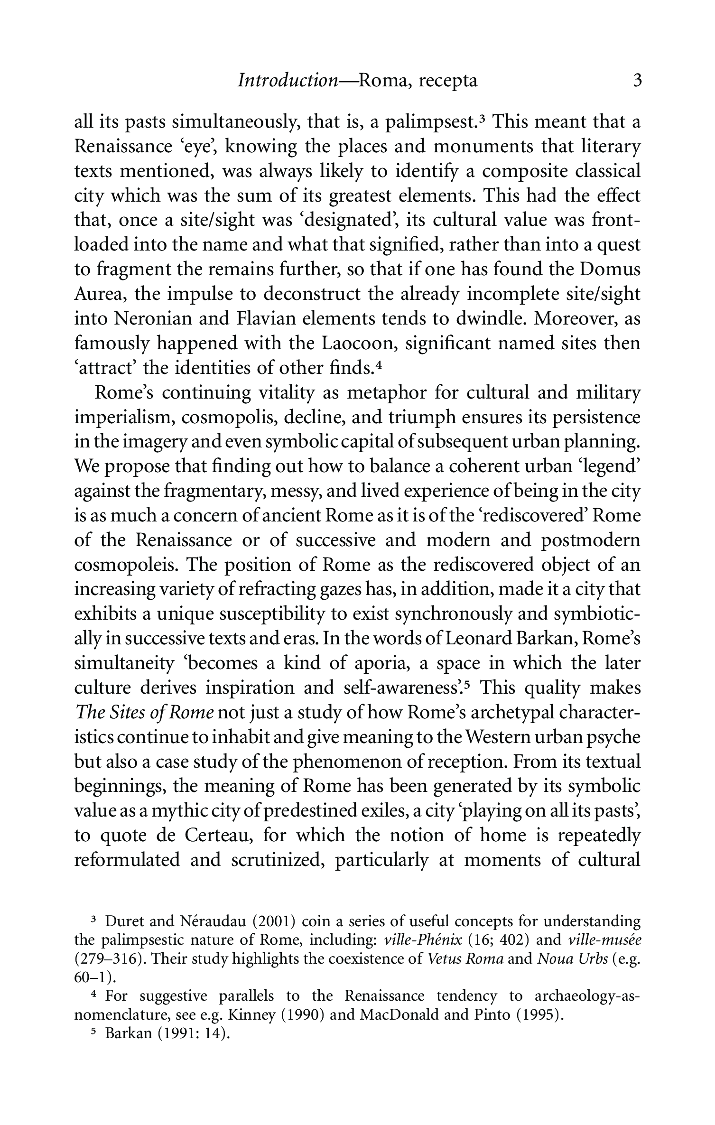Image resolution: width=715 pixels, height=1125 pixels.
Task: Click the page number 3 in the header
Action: [x=637, y=81]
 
